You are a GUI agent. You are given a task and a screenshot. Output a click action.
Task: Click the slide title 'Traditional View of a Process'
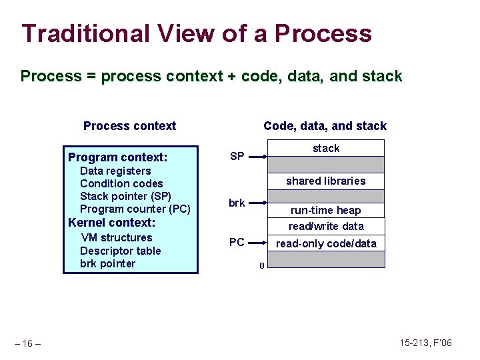pyautogui.click(x=197, y=33)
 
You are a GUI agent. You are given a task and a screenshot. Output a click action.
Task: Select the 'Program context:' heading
pyautogui.click(x=117, y=157)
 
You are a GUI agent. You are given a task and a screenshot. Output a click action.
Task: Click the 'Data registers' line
pyautogui.click(x=115, y=171)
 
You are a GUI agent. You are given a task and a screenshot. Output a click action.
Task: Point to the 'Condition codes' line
pyautogui.click(x=121, y=183)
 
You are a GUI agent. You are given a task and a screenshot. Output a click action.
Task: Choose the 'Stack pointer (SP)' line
pyautogui.click(x=125, y=196)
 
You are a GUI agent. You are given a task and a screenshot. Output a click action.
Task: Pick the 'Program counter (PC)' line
pyautogui.click(x=135, y=209)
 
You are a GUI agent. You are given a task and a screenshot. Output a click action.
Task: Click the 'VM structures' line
pyautogui.click(x=117, y=237)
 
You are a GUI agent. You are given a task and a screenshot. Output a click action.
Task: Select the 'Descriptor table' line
pyautogui.click(x=120, y=251)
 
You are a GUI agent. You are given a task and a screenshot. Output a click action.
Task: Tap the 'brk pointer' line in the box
pyautogui.click(x=107, y=263)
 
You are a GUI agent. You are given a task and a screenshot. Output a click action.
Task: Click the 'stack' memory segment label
pyautogui.click(x=326, y=148)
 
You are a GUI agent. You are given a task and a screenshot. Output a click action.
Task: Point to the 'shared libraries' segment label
pyautogui.click(x=326, y=181)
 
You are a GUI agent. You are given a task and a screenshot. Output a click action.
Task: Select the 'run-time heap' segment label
pyautogui.click(x=325, y=210)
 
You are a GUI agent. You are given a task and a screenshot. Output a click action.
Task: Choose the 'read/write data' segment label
pyautogui.click(x=326, y=226)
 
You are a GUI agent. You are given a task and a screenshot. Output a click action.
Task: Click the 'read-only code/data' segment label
pyautogui.click(x=326, y=243)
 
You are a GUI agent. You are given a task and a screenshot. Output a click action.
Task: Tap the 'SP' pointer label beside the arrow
pyautogui.click(x=237, y=157)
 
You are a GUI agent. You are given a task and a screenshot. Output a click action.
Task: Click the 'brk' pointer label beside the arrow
pyautogui.click(x=237, y=203)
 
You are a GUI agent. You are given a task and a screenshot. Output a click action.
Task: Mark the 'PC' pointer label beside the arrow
pyautogui.click(x=237, y=243)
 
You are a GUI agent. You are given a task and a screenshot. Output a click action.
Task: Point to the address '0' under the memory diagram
pyautogui.click(x=261, y=267)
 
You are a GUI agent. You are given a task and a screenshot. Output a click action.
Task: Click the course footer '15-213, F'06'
pyautogui.click(x=425, y=343)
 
